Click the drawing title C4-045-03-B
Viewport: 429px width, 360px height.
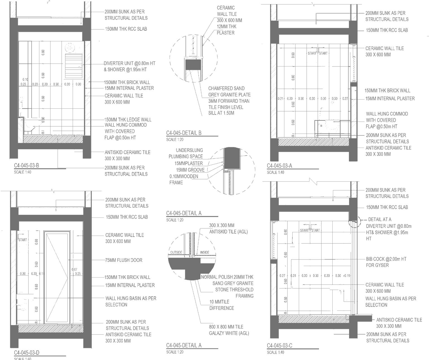(27, 165)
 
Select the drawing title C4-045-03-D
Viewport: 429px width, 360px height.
(27, 353)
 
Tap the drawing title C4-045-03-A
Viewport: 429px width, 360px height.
(279, 166)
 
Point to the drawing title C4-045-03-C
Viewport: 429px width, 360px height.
(279, 346)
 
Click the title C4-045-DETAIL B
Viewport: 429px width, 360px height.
(183, 133)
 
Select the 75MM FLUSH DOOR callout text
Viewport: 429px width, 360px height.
(124, 260)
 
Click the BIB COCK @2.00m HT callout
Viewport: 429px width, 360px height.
(386, 262)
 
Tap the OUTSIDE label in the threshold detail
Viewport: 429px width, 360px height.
(176, 252)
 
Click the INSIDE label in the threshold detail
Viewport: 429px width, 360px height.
(204, 252)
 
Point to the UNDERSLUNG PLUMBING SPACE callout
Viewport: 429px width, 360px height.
(186, 153)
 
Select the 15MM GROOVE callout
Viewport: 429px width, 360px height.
(190, 170)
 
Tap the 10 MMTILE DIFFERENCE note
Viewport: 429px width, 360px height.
(221, 305)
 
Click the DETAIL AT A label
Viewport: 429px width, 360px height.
(380, 219)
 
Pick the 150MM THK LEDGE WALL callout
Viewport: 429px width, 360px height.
(128, 120)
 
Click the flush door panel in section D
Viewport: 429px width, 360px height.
(57, 277)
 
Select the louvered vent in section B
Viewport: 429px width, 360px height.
(74, 66)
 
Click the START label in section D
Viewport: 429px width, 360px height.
(23, 240)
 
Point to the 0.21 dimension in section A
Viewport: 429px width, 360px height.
(281, 99)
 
